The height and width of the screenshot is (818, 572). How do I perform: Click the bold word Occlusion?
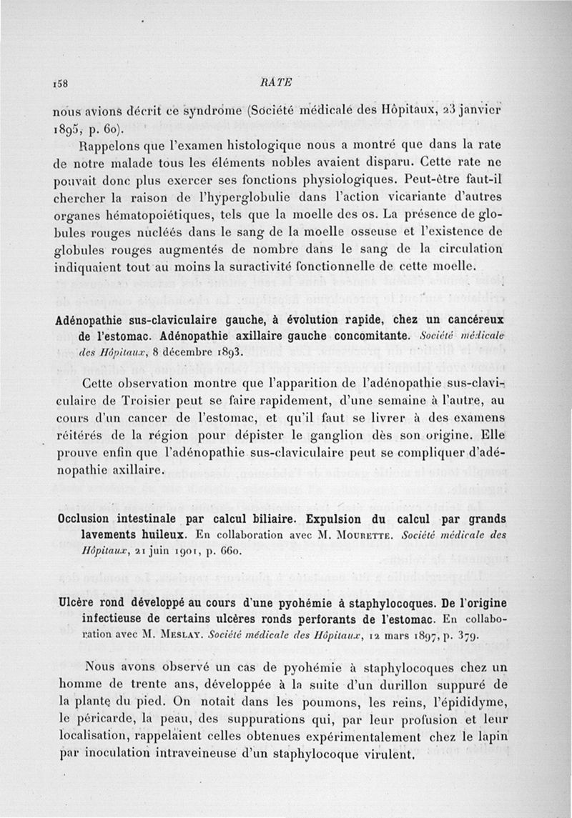(91, 518)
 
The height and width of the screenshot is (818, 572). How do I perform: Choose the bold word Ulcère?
(77, 602)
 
